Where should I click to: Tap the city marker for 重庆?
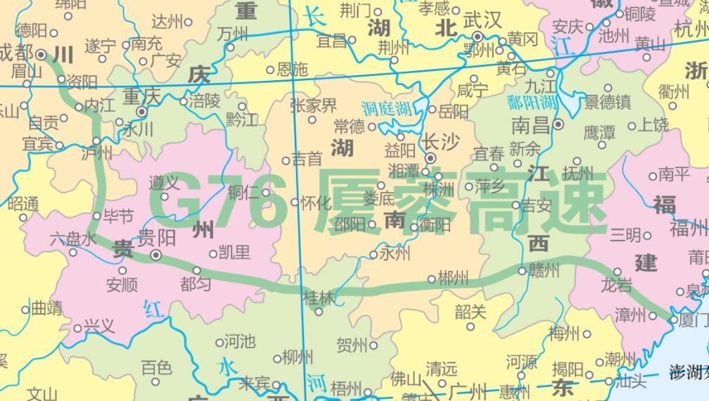143,111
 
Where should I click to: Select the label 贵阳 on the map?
157,237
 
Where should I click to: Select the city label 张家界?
314,106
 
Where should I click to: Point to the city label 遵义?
163,184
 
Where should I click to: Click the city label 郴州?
453,279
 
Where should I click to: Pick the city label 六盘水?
72,238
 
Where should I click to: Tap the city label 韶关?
471,310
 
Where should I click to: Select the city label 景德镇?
608,103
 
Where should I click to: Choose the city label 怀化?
315,203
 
